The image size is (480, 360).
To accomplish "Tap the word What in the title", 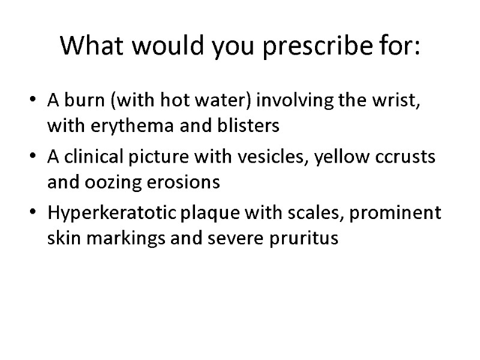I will tap(89, 46).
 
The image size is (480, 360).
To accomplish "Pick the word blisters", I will tap(248, 127).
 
